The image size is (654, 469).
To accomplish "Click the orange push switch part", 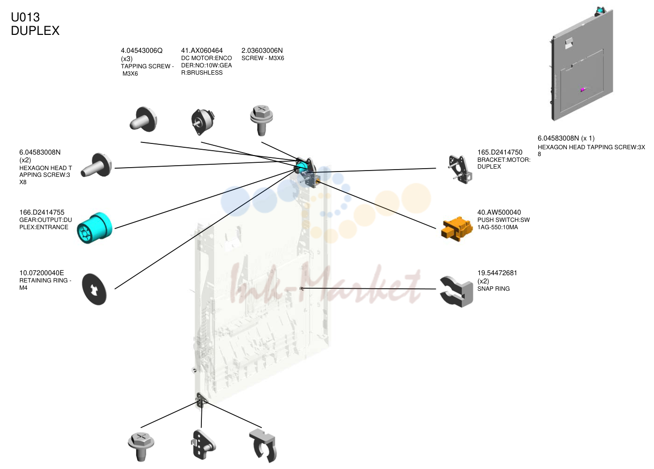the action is [457, 229].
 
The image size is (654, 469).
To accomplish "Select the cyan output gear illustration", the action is [95, 228].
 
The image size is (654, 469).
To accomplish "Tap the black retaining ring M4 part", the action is [94, 289].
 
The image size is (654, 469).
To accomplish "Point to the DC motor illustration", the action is [203, 121].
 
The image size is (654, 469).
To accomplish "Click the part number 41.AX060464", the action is [202, 50].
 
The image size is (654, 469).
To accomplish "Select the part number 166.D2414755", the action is [42, 212].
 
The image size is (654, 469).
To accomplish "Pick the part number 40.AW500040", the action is [499, 212].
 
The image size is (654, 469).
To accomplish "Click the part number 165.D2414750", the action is [500, 152].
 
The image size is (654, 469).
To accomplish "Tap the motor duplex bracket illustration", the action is [460, 170].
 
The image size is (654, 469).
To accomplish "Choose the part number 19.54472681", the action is [497, 273].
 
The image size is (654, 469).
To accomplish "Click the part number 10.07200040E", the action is [42, 273].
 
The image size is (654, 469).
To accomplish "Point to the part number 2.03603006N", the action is [262, 50].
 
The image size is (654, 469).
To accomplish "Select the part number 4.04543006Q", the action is [142, 50].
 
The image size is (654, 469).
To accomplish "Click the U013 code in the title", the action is [25, 17].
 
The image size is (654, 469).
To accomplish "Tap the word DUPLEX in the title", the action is [35, 31].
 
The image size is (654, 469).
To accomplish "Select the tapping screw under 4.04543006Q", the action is [143, 120].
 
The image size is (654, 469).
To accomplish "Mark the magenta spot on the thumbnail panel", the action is [582, 90].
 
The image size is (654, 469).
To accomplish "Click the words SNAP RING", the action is [493, 289].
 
